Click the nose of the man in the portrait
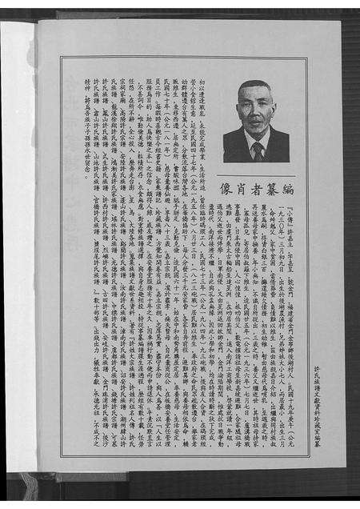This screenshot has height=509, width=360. pyautogui.click(x=257, y=119)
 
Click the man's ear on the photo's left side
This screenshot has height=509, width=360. pyautogui.click(x=241, y=118)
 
